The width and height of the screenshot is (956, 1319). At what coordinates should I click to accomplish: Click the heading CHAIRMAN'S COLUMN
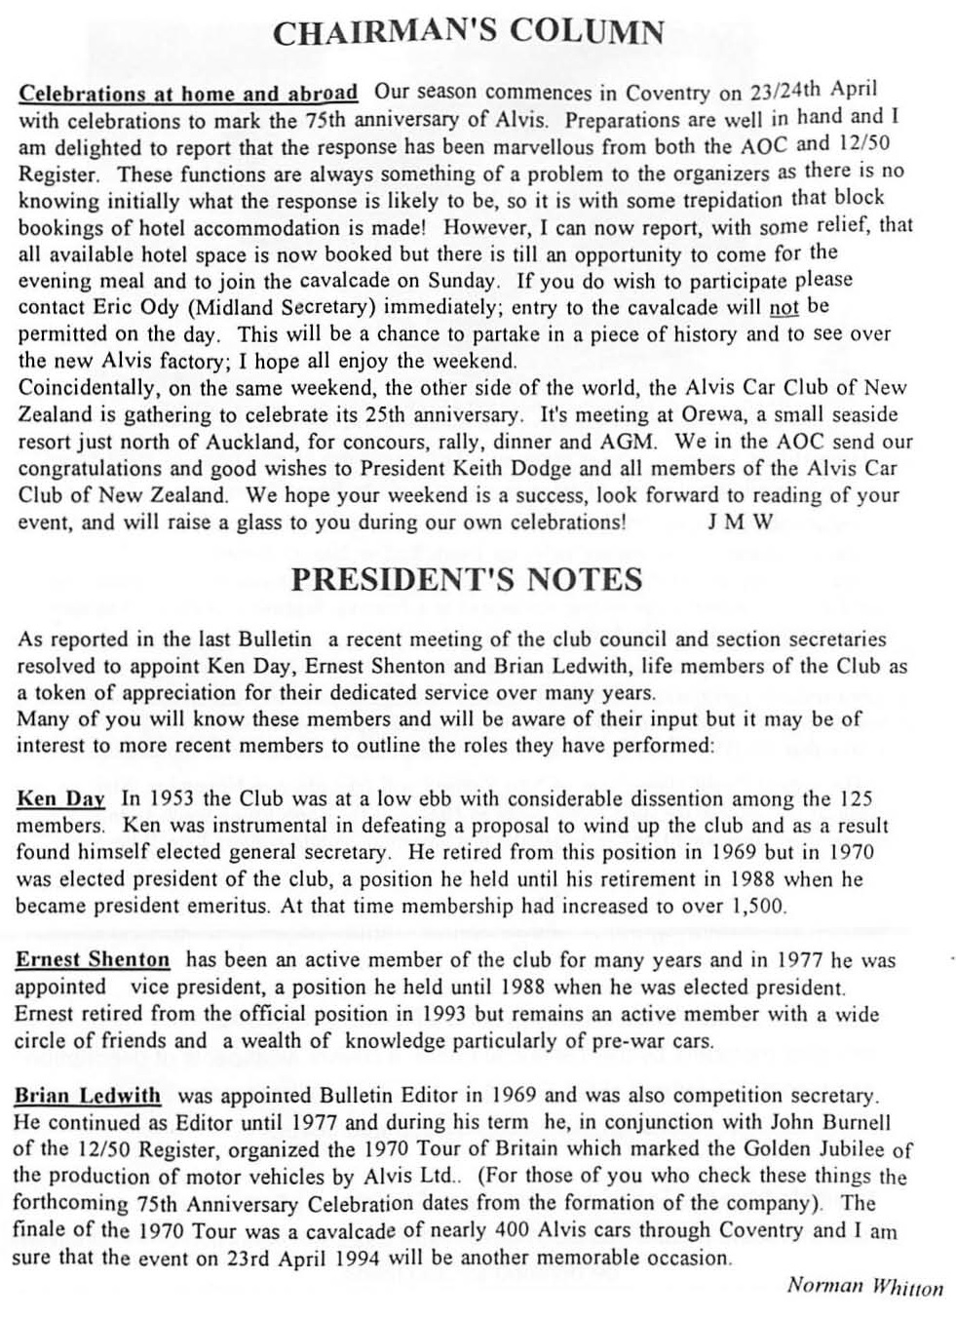click(468, 33)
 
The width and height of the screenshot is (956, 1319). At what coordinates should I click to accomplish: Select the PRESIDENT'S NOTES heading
click(467, 579)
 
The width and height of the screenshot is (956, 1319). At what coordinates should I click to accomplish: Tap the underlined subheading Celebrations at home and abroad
click(188, 95)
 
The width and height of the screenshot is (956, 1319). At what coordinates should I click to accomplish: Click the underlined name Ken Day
click(60, 799)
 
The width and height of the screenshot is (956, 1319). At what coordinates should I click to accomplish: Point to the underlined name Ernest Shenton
click(93, 959)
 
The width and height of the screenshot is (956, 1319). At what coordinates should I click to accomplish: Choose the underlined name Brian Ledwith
click(88, 1096)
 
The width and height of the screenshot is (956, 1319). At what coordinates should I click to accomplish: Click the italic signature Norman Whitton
click(864, 1286)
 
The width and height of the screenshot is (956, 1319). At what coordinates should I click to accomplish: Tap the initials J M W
click(740, 522)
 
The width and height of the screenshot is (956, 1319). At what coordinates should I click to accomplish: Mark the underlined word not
click(784, 307)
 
